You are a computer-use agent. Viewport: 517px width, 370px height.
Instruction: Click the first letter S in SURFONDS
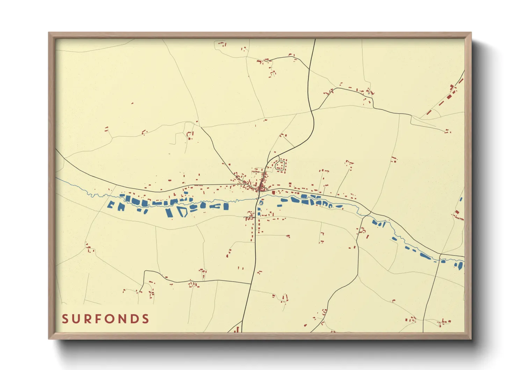pyautogui.click(x=65, y=319)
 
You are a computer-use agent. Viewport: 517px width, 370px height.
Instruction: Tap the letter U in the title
pyautogui.click(x=77, y=319)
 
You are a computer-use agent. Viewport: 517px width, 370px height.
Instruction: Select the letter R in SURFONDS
pyautogui.click(x=88, y=319)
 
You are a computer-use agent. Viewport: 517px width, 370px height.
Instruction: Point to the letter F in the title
pyautogui.click(x=99, y=319)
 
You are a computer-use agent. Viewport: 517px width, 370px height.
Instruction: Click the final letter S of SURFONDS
pyautogui.click(x=146, y=319)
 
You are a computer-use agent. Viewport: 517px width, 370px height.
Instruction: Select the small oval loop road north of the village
pyautogui.click(x=280, y=165)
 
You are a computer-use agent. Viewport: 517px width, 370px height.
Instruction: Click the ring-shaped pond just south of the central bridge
pyautogui.click(x=261, y=202)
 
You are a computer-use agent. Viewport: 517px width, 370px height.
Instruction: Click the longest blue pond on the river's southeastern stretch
pyautogui.click(x=425, y=256)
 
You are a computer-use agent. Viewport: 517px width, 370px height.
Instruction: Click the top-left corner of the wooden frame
pyautogui.click(x=49, y=33)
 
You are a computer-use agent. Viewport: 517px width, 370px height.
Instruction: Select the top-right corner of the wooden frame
pyautogui.click(x=471, y=33)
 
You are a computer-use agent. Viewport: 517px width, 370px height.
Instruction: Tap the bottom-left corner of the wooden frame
pyautogui.click(x=49, y=339)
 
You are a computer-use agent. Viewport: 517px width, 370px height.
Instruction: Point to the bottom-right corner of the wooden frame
pyautogui.click(x=471, y=339)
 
